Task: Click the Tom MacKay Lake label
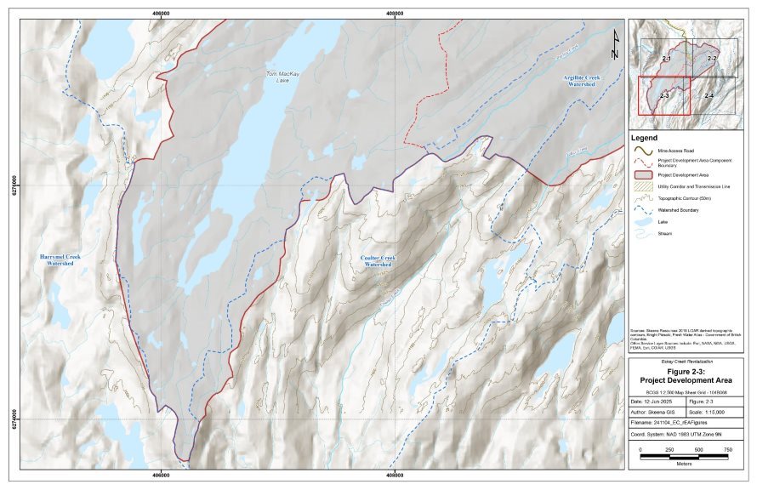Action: coord(277,77)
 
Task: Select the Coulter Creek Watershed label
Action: coord(378,260)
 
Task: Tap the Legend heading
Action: coord(645,137)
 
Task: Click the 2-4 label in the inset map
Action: coord(708,95)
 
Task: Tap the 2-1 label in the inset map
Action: coord(666,57)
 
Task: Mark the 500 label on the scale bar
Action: coord(699,448)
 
